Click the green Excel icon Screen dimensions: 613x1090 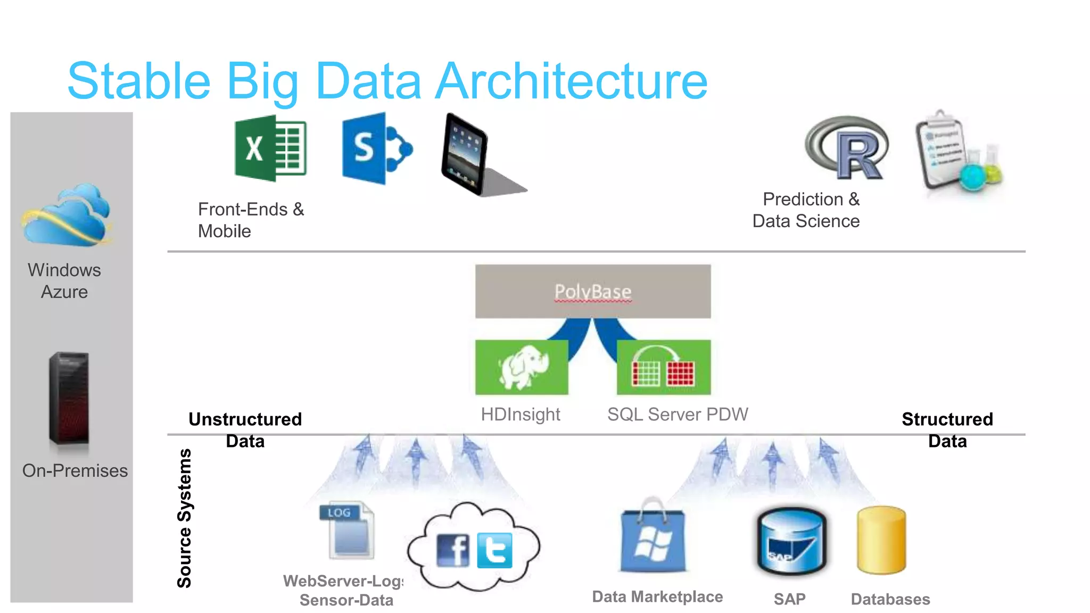pos(270,148)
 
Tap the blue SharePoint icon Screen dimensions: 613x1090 pos(375,148)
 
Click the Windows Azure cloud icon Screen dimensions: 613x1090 pos(67,216)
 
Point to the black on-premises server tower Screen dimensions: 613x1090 pos(69,397)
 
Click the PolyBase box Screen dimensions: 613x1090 pos(592,292)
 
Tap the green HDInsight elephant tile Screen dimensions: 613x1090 pos(522,367)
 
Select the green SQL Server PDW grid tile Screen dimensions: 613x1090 pos(663,367)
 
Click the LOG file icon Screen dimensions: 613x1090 pos(347,530)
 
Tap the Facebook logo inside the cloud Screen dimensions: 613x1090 pos(452,551)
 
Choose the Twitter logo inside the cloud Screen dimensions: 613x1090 pos(494,551)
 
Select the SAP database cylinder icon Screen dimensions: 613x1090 pos(791,542)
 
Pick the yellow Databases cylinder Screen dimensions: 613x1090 pos(881,540)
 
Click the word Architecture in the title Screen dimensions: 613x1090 pos(572,81)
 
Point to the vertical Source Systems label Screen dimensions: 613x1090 pos(184,518)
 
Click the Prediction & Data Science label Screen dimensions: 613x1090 pos(806,210)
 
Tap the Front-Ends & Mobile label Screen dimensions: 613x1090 pos(250,220)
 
